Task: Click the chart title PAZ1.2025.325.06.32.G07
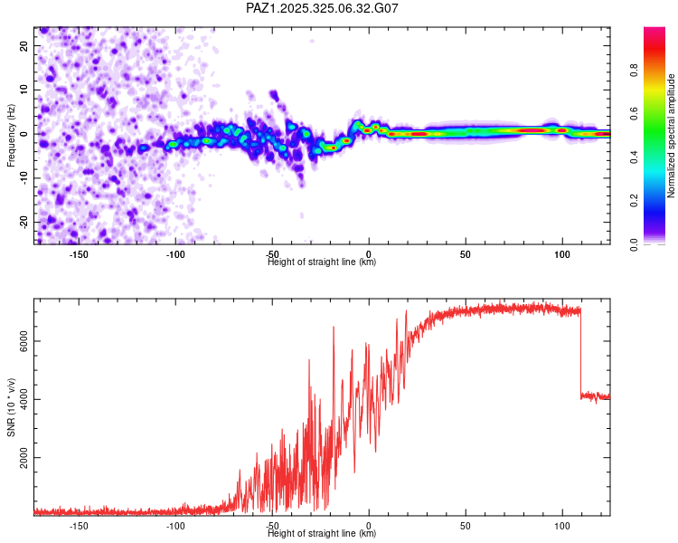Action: [x=322, y=8]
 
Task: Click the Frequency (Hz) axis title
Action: [x=12, y=136]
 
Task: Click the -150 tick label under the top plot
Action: [x=79, y=254]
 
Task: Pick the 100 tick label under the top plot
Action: [x=562, y=254]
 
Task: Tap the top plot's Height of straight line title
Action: [x=322, y=262]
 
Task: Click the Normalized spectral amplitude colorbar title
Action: [x=672, y=136]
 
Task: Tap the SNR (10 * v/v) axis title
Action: [x=12, y=407]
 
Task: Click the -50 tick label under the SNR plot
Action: [x=272, y=526]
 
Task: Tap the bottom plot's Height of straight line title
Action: [x=322, y=534]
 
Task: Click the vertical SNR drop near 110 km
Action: [x=580, y=353]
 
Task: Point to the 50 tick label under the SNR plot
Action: [x=466, y=526]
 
